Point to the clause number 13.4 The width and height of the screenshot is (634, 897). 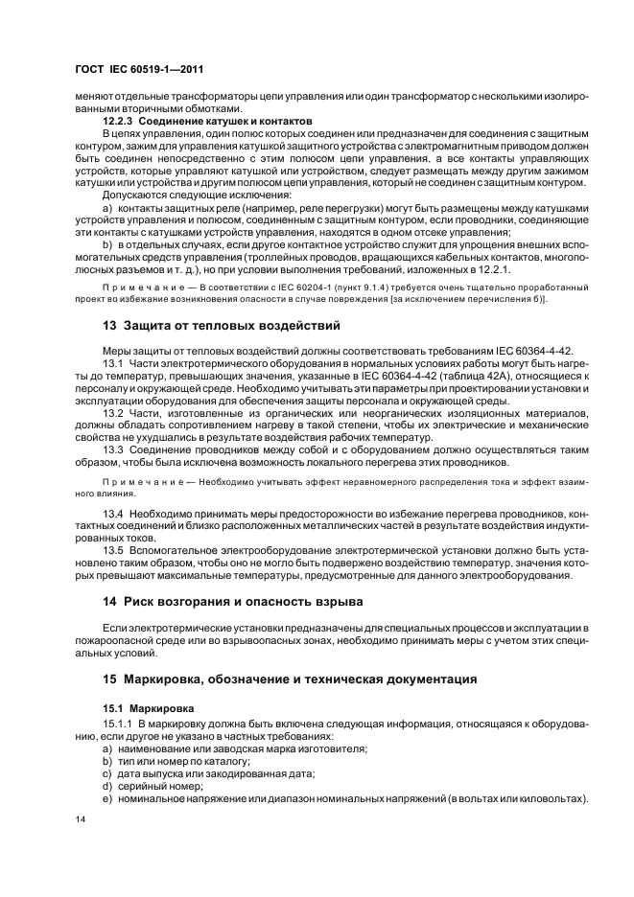[x=114, y=516]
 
